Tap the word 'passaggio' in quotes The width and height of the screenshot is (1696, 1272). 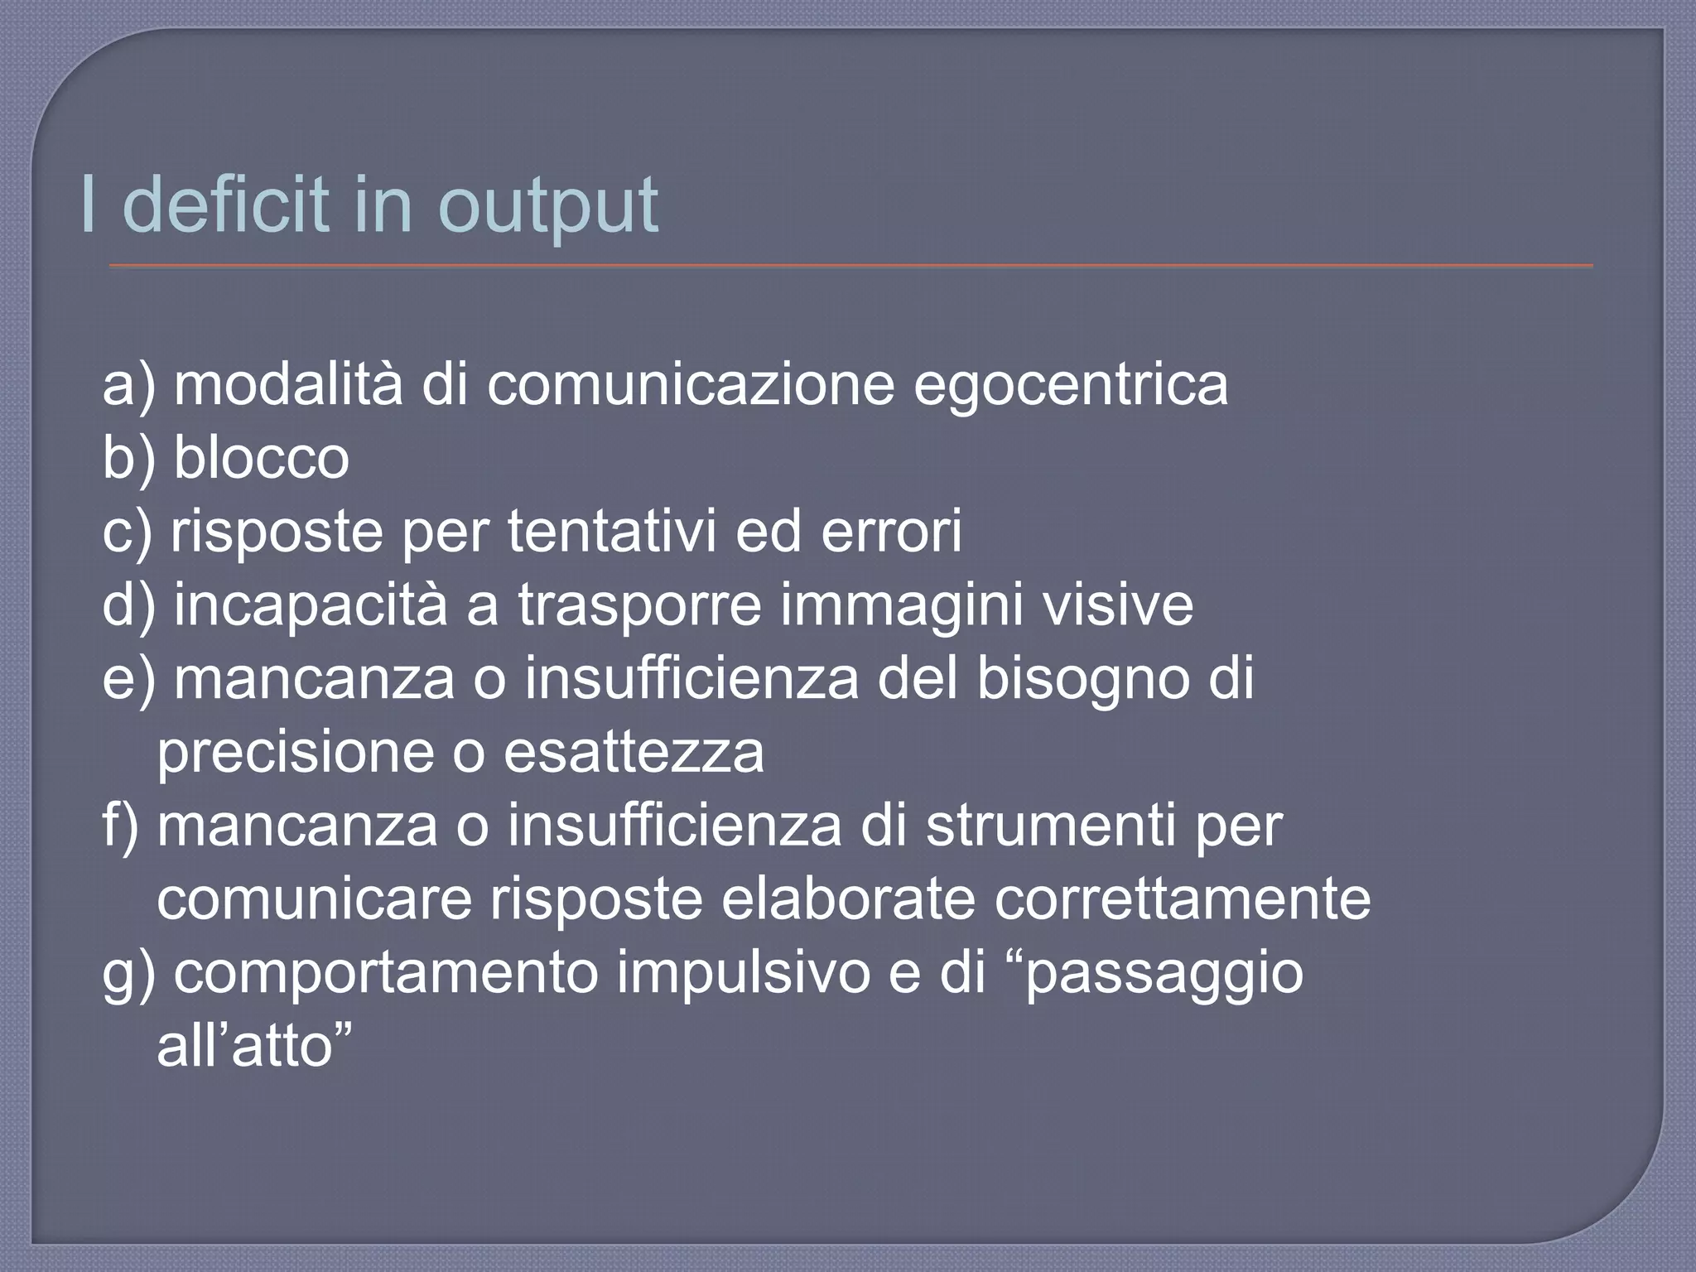pyautogui.click(x=1163, y=974)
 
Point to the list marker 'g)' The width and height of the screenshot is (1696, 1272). pyautogui.click(x=129, y=974)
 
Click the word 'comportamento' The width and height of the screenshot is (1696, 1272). pyautogui.click(x=385, y=974)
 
